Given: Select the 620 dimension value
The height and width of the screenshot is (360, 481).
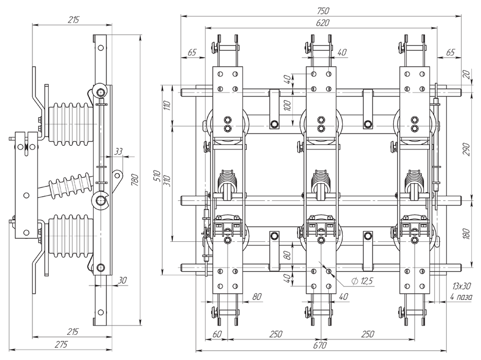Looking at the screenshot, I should (x=323, y=23).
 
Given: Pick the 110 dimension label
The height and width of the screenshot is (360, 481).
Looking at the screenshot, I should (x=167, y=107).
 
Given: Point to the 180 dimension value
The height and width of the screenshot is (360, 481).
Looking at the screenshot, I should (x=466, y=234).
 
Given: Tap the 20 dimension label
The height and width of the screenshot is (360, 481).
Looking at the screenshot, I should (x=466, y=74).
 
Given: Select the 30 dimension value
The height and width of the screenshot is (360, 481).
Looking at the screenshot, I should (x=122, y=280).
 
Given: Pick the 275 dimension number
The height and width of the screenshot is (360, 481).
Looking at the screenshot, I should (x=61, y=345).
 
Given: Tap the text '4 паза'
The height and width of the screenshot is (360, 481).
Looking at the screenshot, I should (x=461, y=296).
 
